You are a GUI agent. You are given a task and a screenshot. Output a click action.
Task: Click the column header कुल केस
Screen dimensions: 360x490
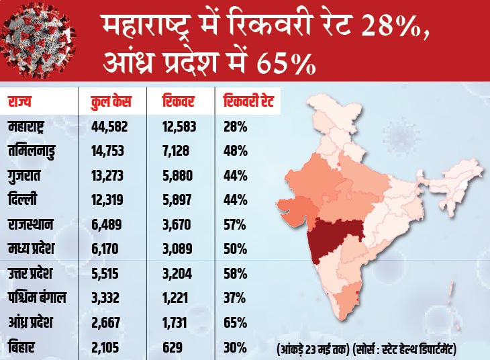111,102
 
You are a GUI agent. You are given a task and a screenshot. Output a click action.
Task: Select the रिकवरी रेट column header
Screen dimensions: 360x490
248,102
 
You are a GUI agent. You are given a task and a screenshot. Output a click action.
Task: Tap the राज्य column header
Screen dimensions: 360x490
20,102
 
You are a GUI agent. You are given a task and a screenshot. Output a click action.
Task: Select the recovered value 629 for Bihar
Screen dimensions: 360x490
174,348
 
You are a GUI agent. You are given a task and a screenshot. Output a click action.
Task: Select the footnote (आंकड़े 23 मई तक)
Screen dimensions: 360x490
314,349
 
